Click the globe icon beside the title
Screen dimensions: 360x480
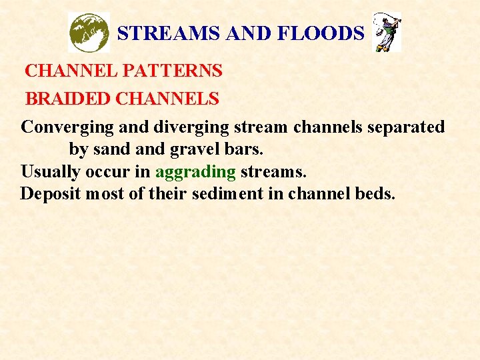tap(89, 33)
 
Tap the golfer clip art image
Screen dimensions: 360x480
tap(387, 33)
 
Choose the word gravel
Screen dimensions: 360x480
tap(197, 149)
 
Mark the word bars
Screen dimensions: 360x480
tap(240, 149)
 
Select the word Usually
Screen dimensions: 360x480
tap(48, 172)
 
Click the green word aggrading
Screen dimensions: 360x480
tap(195, 172)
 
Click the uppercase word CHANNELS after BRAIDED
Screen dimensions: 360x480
tap(167, 99)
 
